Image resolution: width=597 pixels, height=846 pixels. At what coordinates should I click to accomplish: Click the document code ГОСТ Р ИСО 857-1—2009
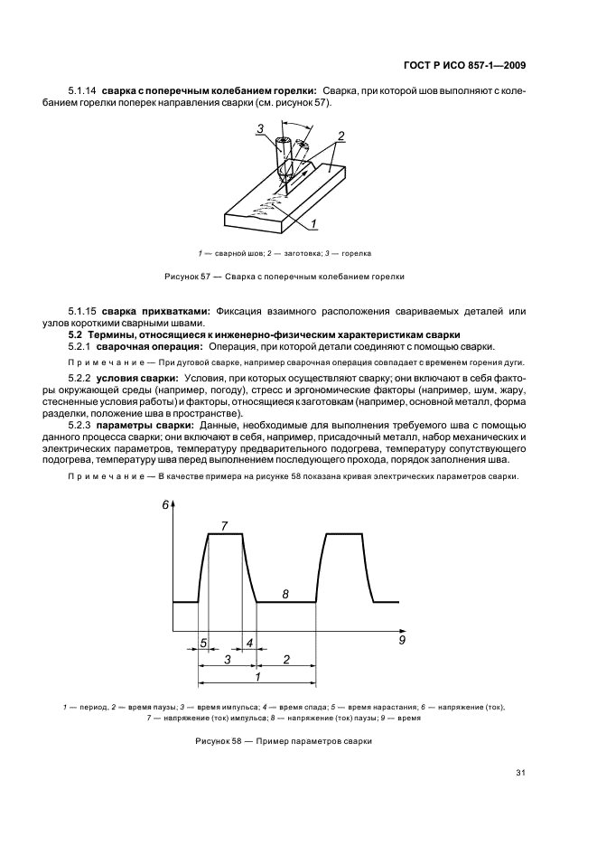point(462,64)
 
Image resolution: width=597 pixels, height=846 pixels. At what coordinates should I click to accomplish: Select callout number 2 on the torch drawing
point(340,136)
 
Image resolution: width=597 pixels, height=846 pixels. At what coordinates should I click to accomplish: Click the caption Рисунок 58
point(283,741)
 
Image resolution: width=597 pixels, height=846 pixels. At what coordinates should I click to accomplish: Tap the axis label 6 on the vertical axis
point(166,506)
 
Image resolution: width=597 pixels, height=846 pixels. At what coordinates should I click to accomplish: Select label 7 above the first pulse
point(224,525)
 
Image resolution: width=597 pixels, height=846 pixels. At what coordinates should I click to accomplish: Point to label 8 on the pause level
point(285,593)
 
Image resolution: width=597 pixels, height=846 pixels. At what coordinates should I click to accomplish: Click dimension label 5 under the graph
point(203,644)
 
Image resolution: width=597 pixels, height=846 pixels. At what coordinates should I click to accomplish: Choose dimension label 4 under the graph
point(249,644)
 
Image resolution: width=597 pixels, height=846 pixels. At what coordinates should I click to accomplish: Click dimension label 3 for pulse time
point(228,660)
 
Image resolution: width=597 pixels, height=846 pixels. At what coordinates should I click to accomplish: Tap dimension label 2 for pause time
point(286,660)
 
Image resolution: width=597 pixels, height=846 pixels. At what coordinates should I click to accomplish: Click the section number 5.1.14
point(82,90)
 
